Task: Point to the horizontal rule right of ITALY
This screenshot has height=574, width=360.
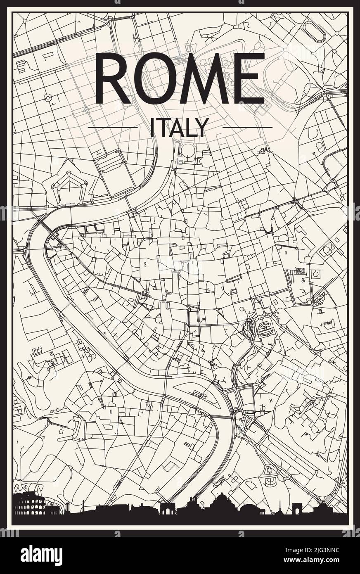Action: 247,127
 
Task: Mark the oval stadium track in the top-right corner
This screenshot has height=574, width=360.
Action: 314,31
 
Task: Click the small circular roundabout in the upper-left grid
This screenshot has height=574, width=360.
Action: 48,98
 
